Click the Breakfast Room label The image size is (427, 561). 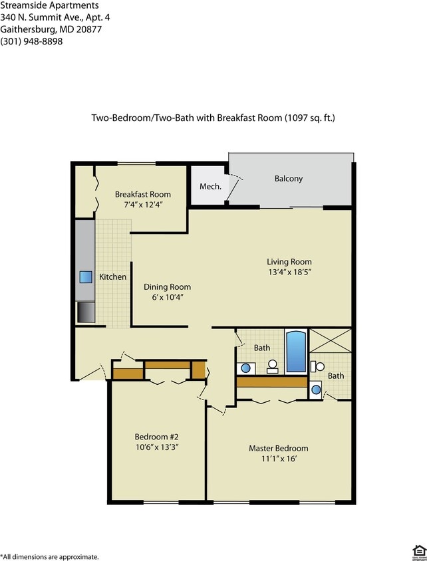point(142,194)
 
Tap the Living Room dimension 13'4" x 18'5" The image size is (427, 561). point(289,272)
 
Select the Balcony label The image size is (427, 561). point(288,178)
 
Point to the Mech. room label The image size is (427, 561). point(210,186)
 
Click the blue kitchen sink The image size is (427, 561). point(85,277)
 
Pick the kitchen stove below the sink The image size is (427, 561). point(85,311)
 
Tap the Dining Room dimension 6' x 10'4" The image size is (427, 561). point(167,297)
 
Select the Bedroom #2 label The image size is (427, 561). point(157,437)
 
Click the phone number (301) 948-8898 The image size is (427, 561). point(31,41)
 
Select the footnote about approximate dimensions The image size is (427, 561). point(50,556)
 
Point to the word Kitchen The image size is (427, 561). point(112,277)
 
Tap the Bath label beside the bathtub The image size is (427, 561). point(262,348)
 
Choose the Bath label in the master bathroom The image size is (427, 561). point(336,376)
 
